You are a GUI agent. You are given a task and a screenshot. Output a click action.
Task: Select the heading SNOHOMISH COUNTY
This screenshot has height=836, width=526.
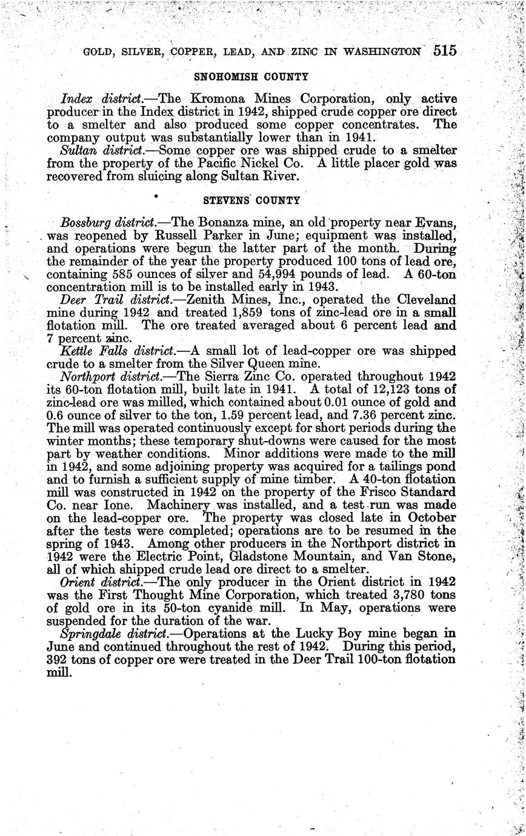coord(251,77)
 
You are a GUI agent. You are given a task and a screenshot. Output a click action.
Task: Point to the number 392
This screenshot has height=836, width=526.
coord(59,660)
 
